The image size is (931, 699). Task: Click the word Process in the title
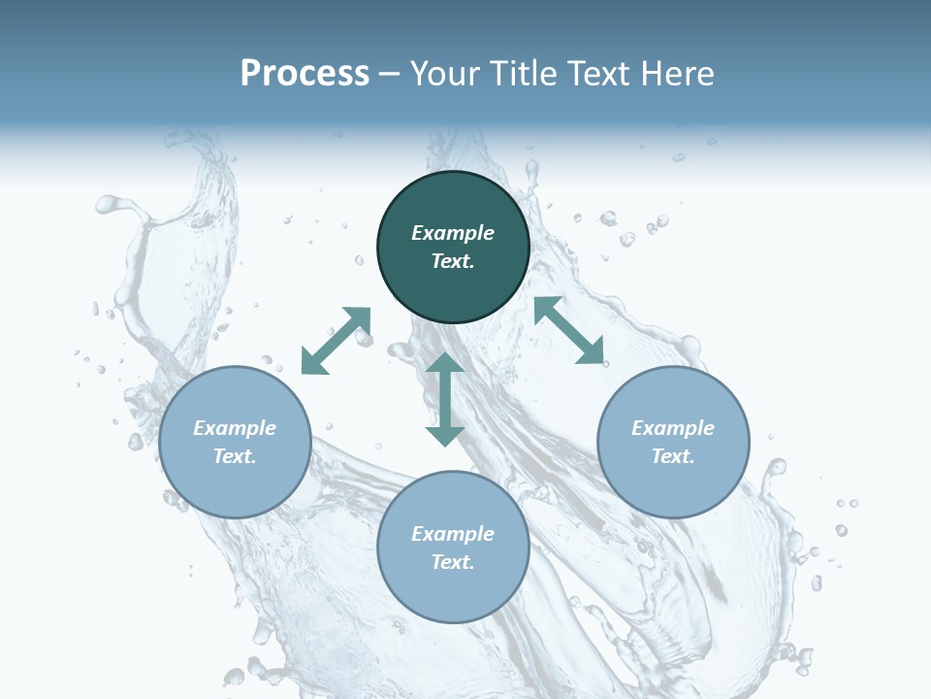point(305,74)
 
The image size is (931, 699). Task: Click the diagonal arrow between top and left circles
point(337,341)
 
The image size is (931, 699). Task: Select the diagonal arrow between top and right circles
point(569,331)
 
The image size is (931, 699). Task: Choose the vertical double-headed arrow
point(445,399)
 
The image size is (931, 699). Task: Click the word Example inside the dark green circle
point(453,233)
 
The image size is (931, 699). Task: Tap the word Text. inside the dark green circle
point(453,261)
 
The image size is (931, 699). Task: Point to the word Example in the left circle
point(235,428)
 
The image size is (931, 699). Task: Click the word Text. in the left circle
point(235,456)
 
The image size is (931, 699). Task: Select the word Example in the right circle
point(673,428)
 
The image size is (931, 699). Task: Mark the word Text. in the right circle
point(673,456)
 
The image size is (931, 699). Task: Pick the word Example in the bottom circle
point(453,534)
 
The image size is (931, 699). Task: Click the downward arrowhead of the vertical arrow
point(445,434)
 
